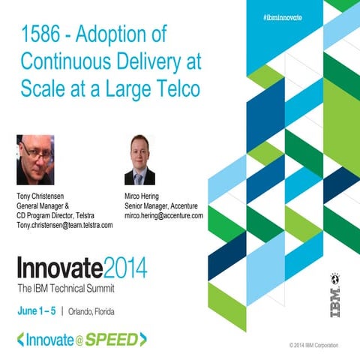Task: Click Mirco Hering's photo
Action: coord(139,160)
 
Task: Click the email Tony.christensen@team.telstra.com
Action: coord(64,225)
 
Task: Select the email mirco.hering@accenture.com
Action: coord(163,215)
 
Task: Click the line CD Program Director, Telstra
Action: coord(61,215)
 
